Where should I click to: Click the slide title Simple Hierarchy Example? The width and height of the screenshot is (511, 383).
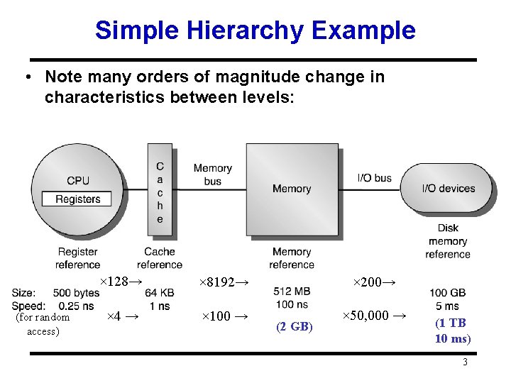255,30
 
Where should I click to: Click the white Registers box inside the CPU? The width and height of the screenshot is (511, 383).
77,199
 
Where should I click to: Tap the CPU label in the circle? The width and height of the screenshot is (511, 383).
78,181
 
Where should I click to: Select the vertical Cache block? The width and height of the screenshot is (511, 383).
160,192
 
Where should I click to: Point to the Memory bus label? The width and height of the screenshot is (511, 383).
213,174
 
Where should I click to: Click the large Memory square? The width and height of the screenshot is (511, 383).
292,189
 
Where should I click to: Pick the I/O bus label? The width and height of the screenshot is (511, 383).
374,178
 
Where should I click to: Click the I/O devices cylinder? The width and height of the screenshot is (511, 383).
448,188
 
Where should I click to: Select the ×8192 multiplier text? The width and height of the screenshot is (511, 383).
224,282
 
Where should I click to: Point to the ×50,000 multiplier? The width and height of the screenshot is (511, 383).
374,316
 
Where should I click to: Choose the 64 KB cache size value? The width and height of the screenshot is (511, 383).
159,293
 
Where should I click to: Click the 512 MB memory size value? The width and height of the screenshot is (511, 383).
292,292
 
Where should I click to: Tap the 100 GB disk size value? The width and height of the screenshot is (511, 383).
448,293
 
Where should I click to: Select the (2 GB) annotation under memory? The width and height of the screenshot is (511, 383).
292,326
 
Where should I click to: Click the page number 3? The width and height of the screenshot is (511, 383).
465,362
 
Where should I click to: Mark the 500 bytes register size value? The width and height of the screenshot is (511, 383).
76,293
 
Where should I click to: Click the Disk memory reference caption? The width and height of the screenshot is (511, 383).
448,241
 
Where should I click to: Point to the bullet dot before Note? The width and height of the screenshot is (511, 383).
26,77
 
